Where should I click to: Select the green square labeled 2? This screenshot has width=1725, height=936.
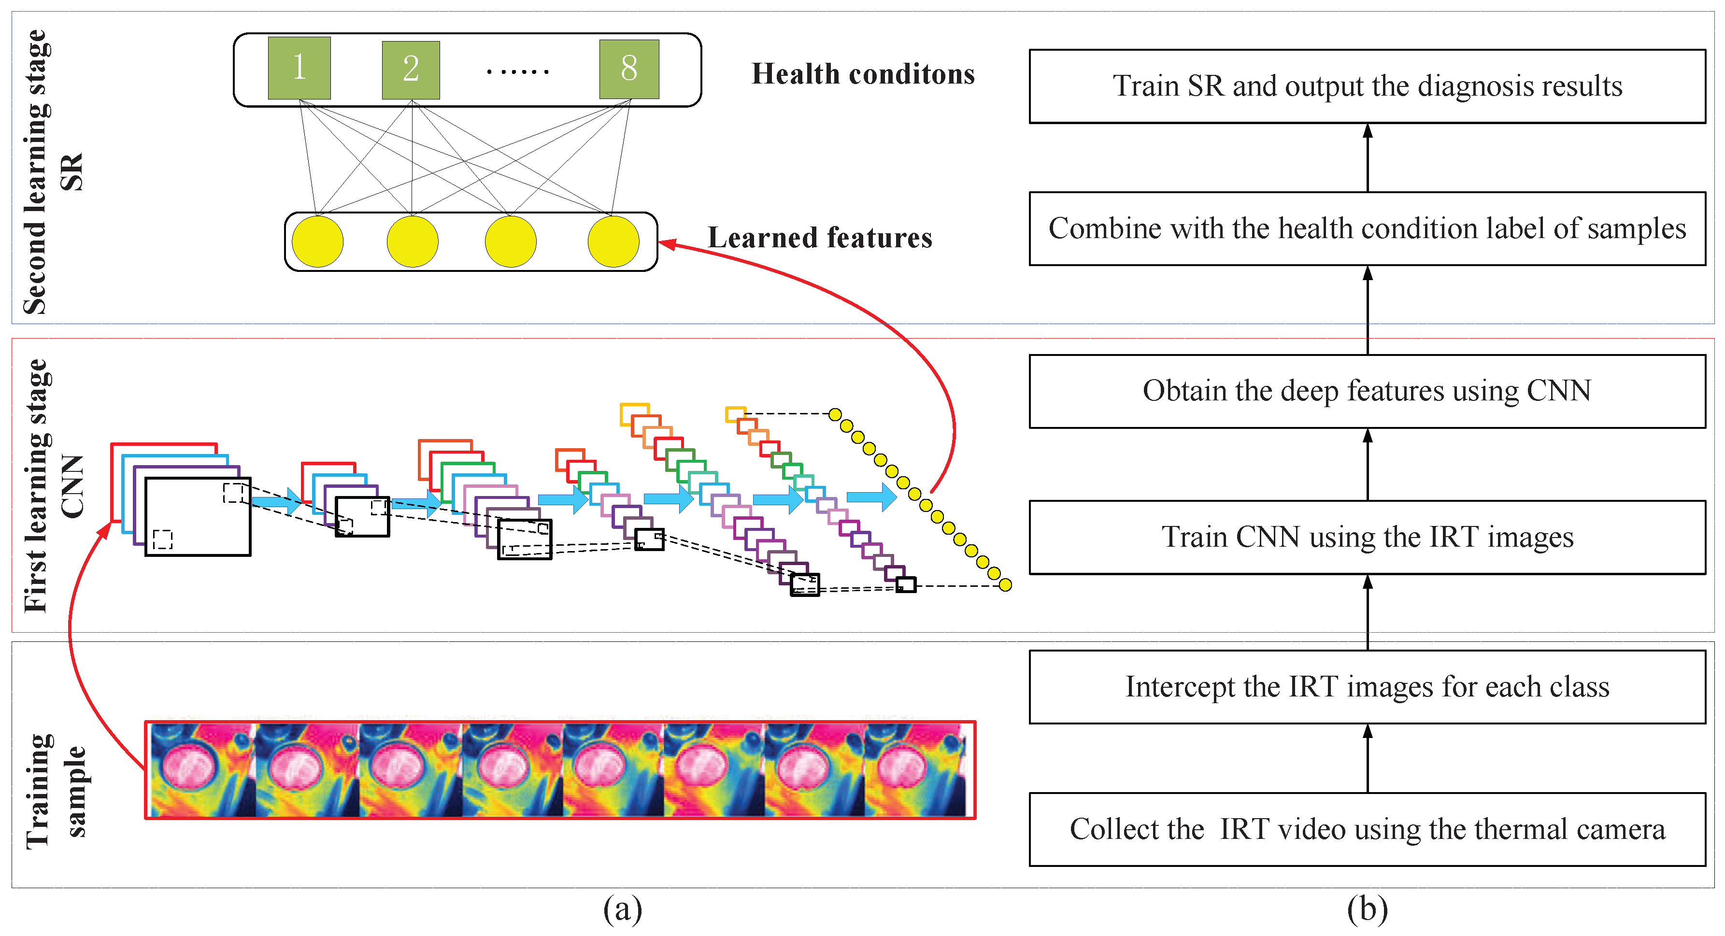tap(411, 70)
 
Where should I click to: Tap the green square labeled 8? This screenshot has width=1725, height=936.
tap(629, 68)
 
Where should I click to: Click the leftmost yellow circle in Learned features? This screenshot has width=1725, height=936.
tap(317, 241)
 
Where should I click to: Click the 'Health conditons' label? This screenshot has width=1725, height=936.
tap(863, 73)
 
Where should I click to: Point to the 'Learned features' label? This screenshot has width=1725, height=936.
tap(820, 238)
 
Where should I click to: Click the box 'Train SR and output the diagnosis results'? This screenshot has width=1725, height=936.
tap(1367, 85)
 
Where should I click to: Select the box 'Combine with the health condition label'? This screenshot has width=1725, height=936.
tap(1367, 228)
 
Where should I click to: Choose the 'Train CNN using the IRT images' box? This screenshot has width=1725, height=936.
tap(1367, 537)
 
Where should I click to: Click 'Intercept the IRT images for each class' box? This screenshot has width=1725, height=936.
tap(1367, 687)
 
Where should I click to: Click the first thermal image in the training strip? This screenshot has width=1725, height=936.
tap(203, 770)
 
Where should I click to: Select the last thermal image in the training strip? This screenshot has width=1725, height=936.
tap(915, 770)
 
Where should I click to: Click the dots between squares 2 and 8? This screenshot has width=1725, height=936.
tap(518, 71)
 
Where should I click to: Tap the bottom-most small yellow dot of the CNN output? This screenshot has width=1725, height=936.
tap(1005, 585)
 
